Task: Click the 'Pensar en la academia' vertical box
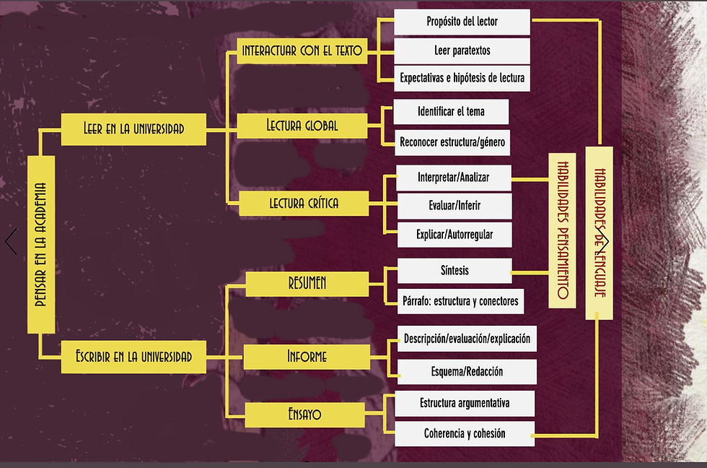click(x=41, y=245)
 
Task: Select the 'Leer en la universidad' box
click(x=133, y=129)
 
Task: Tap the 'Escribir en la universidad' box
click(x=133, y=357)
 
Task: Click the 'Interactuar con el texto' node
click(x=302, y=51)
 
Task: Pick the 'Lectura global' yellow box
click(x=302, y=126)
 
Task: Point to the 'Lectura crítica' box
click(x=304, y=204)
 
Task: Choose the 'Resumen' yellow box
click(x=307, y=284)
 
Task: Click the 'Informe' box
click(x=307, y=357)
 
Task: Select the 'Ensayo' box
click(x=304, y=415)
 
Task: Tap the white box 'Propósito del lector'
click(x=462, y=22)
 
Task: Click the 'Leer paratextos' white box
click(x=462, y=51)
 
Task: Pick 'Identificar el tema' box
click(x=451, y=111)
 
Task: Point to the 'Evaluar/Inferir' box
click(x=454, y=206)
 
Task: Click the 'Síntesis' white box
click(x=454, y=271)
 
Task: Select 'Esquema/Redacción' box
click(x=467, y=372)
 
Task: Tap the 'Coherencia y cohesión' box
click(x=465, y=434)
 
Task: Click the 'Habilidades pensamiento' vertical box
click(x=562, y=230)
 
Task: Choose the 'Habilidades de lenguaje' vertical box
click(x=600, y=233)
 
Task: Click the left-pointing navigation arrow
click(x=12, y=241)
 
